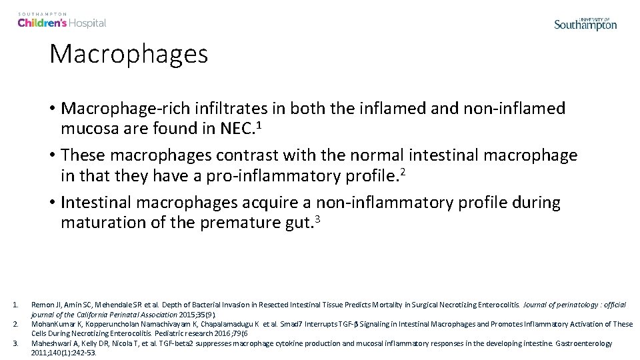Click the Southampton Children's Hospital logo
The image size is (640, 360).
tap(62, 21)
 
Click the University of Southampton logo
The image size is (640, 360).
tap(585, 23)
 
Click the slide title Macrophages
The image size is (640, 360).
tap(129, 54)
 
